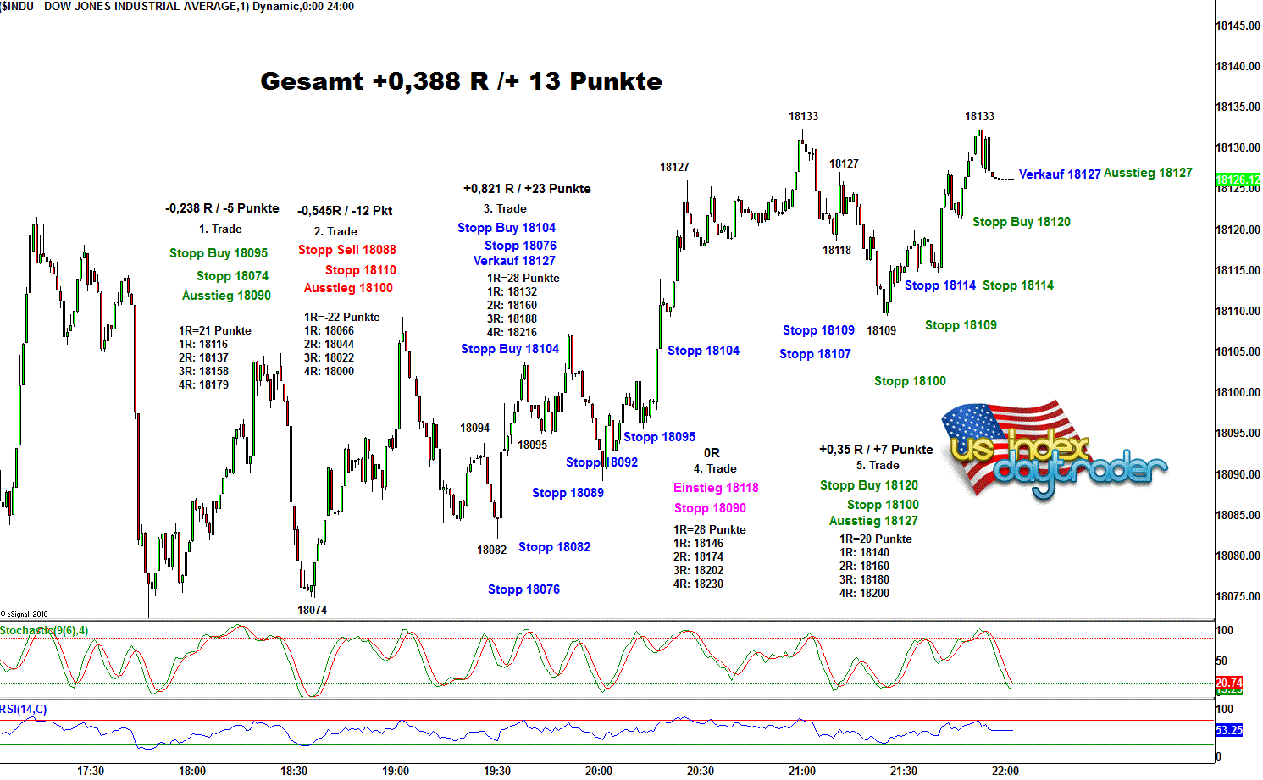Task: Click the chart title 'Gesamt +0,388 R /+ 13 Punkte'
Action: pyautogui.click(x=461, y=81)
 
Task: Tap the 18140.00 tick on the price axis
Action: pyautogui.click(x=1238, y=66)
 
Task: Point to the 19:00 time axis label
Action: pyautogui.click(x=396, y=771)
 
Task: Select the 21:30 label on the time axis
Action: pyautogui.click(x=904, y=771)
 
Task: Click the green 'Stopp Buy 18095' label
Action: pyautogui.click(x=219, y=253)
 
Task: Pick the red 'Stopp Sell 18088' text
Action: pyautogui.click(x=347, y=250)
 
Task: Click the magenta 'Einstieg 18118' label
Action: pyautogui.click(x=716, y=488)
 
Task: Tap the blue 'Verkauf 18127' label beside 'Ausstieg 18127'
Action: pyautogui.click(x=1060, y=174)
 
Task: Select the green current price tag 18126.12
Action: pyautogui.click(x=1238, y=180)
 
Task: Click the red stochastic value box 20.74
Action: pyautogui.click(x=1228, y=683)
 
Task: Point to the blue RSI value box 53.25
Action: pyautogui.click(x=1228, y=730)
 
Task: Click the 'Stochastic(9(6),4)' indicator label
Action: pyautogui.click(x=44, y=631)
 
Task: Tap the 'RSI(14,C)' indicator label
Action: pyautogui.click(x=24, y=710)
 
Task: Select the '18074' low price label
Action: pyautogui.click(x=312, y=610)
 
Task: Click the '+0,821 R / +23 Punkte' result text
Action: pyautogui.click(x=527, y=189)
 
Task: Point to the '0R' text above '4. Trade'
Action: pyautogui.click(x=712, y=453)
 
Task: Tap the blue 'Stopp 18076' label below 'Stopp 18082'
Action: pyautogui.click(x=523, y=589)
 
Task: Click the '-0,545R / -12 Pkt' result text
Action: pyautogui.click(x=345, y=211)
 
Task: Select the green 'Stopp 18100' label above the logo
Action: pyautogui.click(x=910, y=381)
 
